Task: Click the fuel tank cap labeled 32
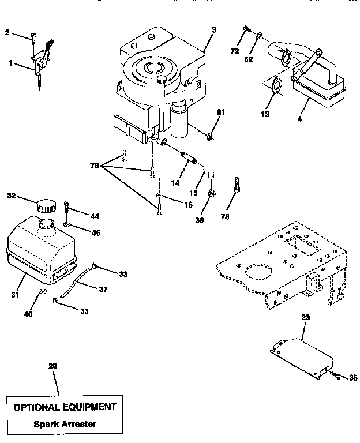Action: [x=46, y=205]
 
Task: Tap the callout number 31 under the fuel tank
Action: [x=16, y=294]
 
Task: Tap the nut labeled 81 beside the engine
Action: [x=211, y=136]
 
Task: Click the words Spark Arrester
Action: [x=65, y=424]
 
